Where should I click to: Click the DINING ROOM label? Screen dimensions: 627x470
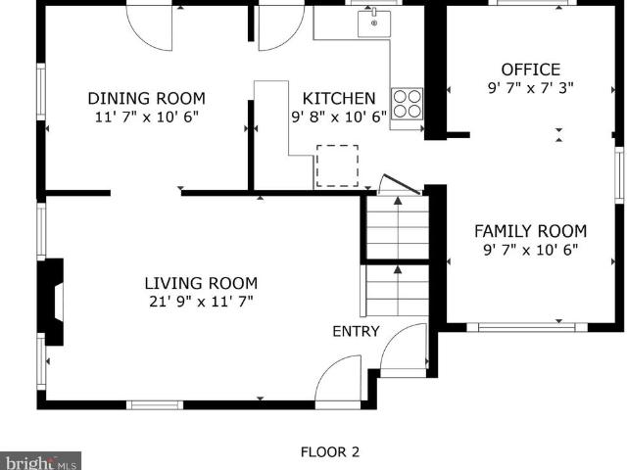click(146, 98)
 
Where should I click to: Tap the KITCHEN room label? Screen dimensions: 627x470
click(339, 98)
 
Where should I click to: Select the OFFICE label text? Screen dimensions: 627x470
click(531, 70)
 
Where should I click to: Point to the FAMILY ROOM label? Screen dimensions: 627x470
click(531, 231)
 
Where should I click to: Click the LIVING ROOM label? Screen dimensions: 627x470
click(201, 283)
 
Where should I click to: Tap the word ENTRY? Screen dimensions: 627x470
click(356, 331)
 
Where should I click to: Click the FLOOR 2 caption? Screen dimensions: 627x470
click(330, 452)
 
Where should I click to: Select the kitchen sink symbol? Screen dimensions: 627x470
click(374, 23)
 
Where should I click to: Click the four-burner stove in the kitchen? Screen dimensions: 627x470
click(408, 104)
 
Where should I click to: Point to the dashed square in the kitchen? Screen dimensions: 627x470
click(337, 165)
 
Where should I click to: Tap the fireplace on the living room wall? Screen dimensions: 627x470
click(51, 303)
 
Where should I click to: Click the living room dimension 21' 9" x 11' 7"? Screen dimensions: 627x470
click(201, 302)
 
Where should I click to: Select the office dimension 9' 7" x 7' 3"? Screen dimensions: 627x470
click(531, 88)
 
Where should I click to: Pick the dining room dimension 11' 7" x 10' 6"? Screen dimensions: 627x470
click(146, 117)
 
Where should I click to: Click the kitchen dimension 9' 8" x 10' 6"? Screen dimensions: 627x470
click(339, 117)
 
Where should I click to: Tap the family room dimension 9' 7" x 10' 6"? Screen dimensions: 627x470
click(531, 250)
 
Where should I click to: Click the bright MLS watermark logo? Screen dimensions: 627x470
click(40, 461)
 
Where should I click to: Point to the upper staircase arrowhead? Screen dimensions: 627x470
click(398, 201)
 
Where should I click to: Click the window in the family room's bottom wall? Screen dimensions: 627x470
click(527, 328)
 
